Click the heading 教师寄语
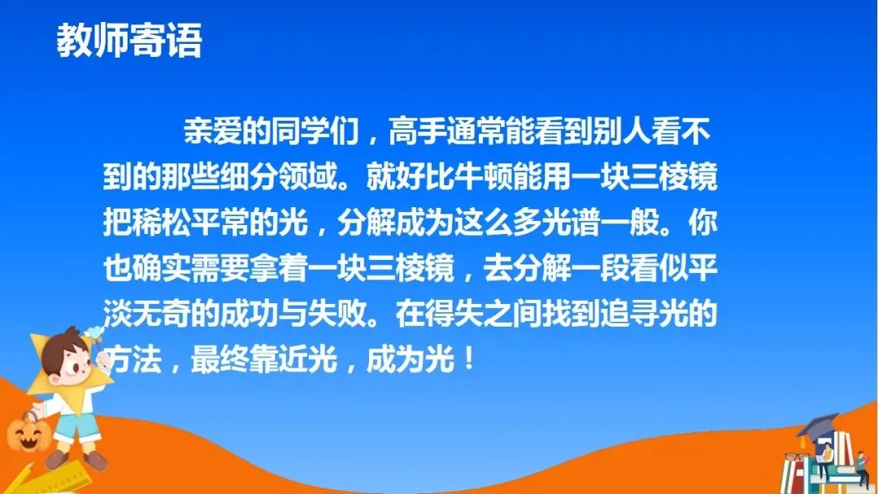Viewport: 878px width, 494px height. pyautogui.click(x=129, y=41)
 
